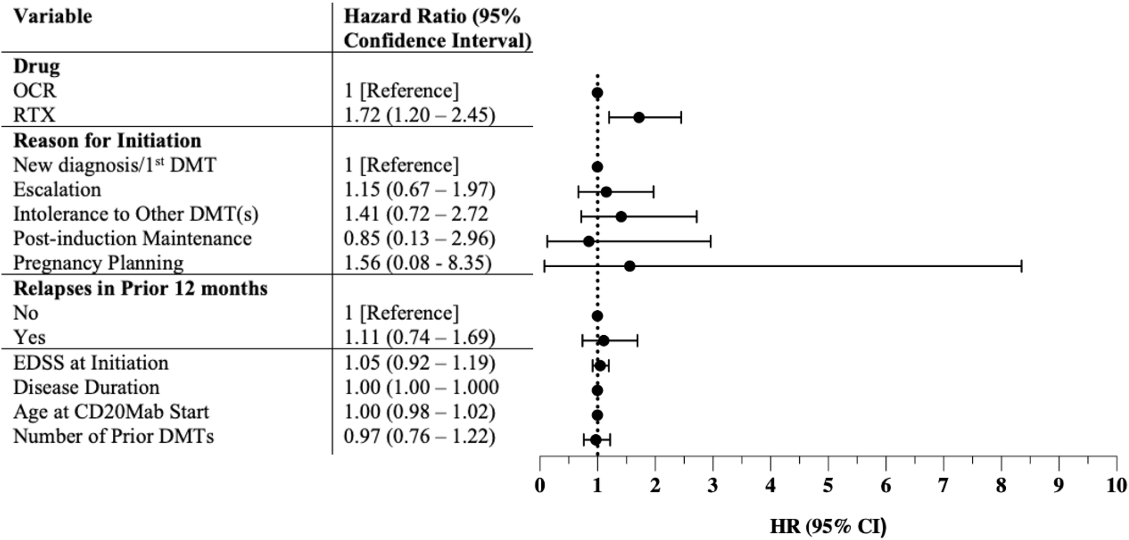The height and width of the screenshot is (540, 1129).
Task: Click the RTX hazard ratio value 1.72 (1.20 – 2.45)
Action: tap(419, 115)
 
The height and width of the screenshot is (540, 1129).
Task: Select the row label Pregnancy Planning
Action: tap(98, 263)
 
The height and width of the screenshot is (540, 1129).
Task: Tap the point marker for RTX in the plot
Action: tap(639, 118)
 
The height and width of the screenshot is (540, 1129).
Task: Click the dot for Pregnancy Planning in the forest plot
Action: tap(629, 266)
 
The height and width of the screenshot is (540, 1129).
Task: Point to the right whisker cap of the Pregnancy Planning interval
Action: tap(1022, 266)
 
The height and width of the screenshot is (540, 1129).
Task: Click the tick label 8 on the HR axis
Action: tap(1001, 485)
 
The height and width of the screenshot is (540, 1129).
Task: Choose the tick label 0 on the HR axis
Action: tap(540, 485)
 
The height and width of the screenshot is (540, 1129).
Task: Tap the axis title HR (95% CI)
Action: tap(828, 526)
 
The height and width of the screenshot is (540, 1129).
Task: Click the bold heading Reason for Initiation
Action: tap(107, 141)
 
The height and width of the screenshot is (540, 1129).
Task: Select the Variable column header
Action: tap(53, 17)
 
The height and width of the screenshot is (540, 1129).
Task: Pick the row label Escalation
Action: tap(57, 190)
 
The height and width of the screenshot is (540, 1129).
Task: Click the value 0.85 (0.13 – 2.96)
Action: tap(419, 238)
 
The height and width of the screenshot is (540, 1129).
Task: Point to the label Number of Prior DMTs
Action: tap(114, 436)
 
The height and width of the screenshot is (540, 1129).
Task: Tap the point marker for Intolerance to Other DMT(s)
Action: tap(620, 216)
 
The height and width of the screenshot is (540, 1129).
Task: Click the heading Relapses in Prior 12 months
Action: tap(140, 288)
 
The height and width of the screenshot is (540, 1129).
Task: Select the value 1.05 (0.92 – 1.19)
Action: tap(419, 363)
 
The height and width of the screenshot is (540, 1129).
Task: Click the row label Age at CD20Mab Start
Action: tap(111, 412)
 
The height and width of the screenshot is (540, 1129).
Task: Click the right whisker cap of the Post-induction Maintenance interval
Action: tap(711, 242)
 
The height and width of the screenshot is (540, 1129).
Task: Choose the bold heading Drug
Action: tap(37, 66)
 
